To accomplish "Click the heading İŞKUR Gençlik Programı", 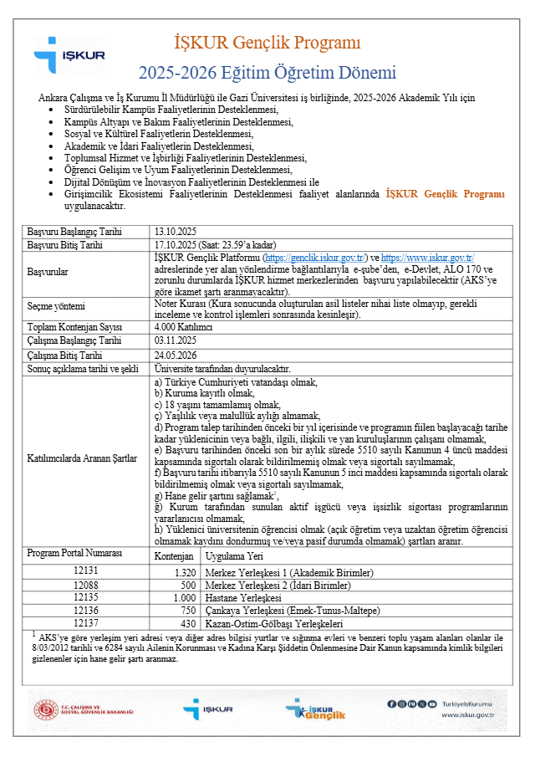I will tap(267, 42).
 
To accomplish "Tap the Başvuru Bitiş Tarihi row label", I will tap(65, 245).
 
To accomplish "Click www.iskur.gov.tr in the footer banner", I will tap(467, 715).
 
